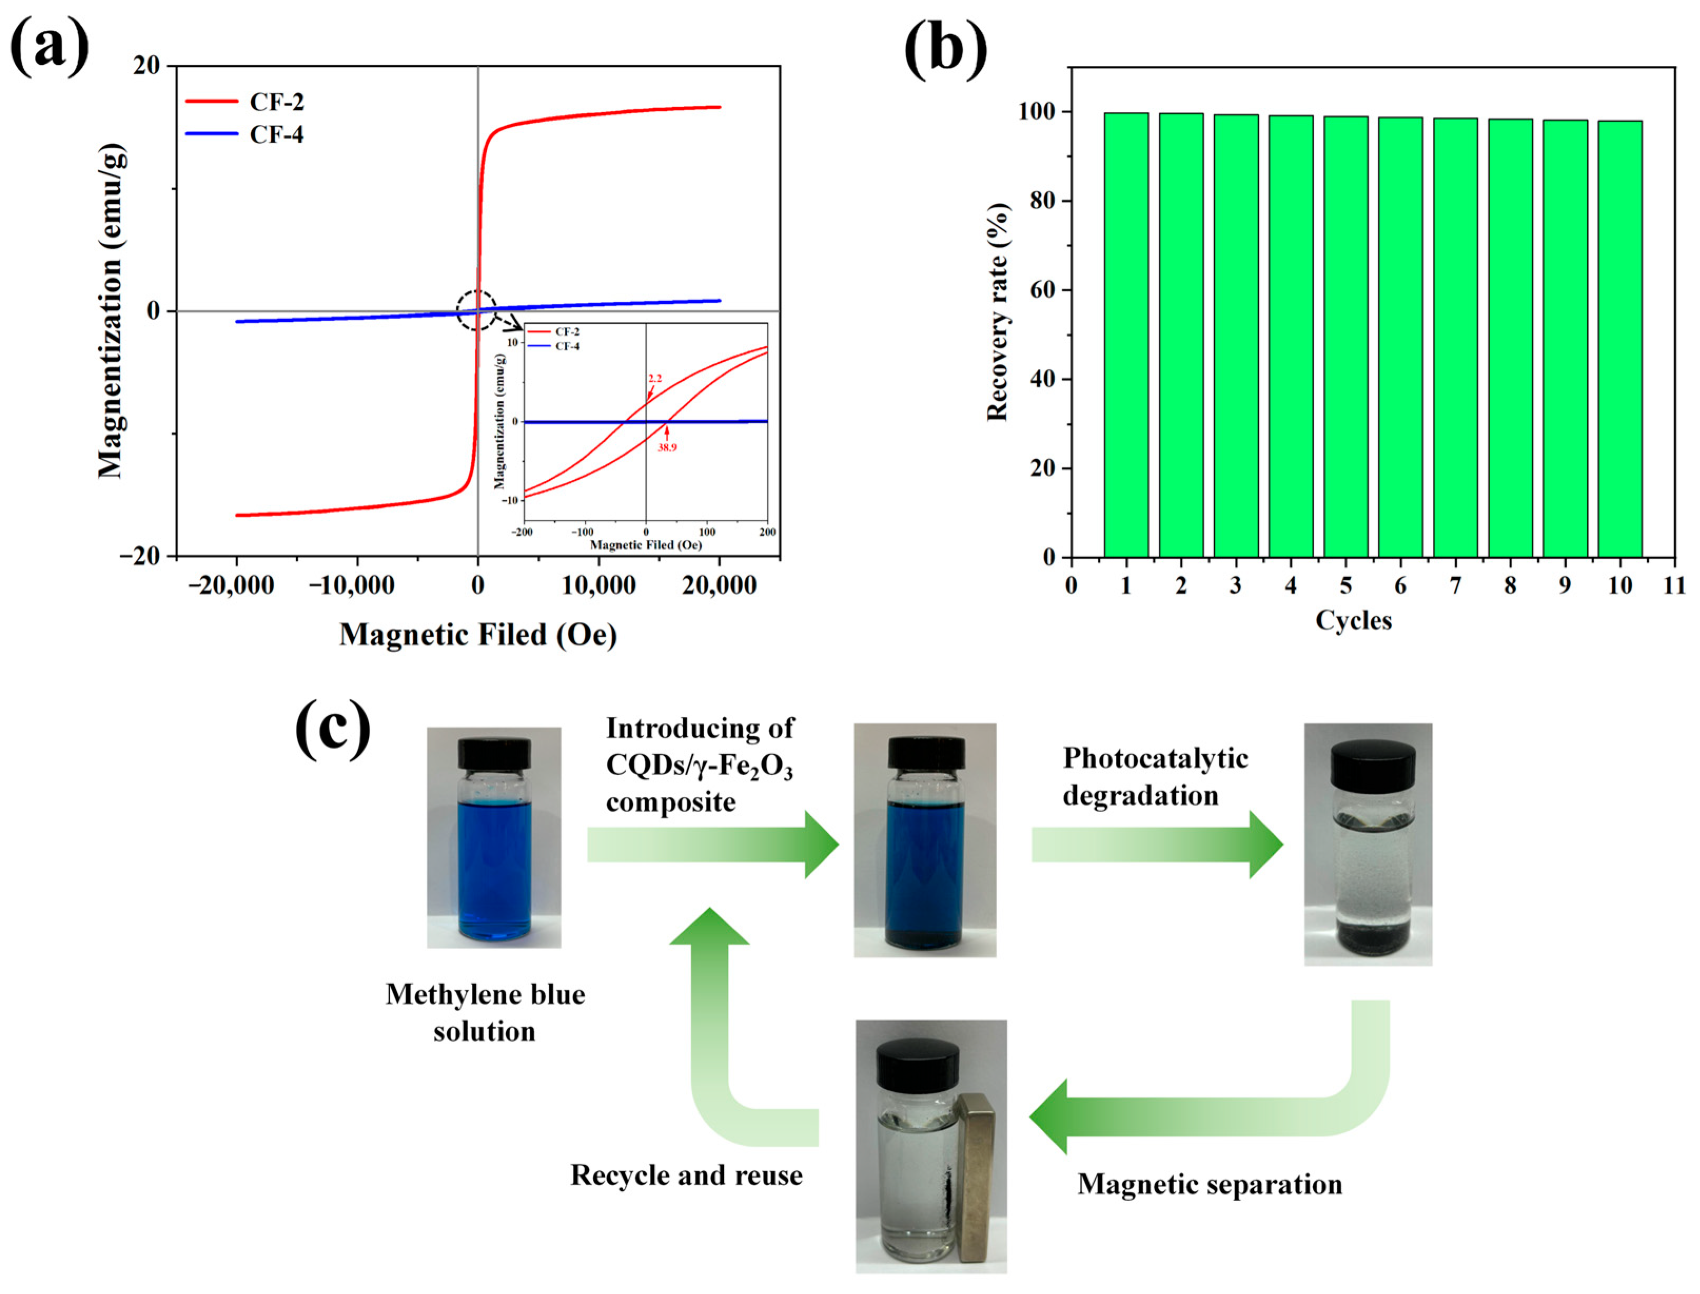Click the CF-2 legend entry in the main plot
pyautogui.click(x=276, y=102)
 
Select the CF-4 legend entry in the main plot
pyautogui.click(x=276, y=135)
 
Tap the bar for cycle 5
pyautogui.click(x=1345, y=337)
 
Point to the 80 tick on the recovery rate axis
pyautogui.click(x=1044, y=201)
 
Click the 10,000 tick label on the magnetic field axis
pyautogui.click(x=598, y=586)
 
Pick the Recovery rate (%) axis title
pyautogui.click(x=998, y=312)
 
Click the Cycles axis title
pyautogui.click(x=1353, y=620)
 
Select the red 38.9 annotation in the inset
pyautogui.click(x=666, y=448)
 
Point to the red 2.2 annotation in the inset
pyautogui.click(x=655, y=378)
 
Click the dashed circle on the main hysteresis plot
pyautogui.click(x=477, y=310)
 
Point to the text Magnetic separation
pyautogui.click(x=1210, y=1184)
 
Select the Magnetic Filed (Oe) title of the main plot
pyautogui.click(x=478, y=634)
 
